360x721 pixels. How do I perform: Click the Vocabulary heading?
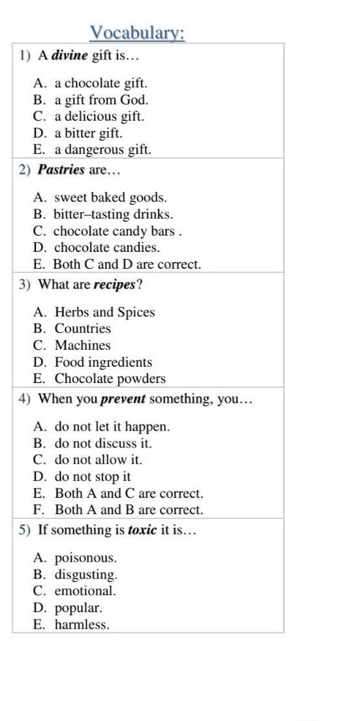137,33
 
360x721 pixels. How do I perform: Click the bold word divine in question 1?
69,55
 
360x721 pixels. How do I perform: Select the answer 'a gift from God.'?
101,100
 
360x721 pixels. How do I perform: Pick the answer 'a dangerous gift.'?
102,149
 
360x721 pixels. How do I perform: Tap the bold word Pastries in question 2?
61,170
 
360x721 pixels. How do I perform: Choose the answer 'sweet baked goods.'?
110,197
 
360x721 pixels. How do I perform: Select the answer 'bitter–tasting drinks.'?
113,214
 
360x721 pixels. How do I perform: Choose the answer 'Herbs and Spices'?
104,312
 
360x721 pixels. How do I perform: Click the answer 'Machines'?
82,345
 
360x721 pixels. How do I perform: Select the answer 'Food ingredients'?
103,362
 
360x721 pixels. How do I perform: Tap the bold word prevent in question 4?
122,399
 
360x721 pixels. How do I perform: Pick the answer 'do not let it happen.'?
112,427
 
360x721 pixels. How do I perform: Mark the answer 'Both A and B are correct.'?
128,510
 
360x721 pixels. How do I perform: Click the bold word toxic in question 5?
142,530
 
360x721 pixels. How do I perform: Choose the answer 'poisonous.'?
85,558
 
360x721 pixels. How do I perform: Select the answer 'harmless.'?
82,624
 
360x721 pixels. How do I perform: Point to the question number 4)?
25,399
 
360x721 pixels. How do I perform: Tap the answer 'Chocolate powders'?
110,378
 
